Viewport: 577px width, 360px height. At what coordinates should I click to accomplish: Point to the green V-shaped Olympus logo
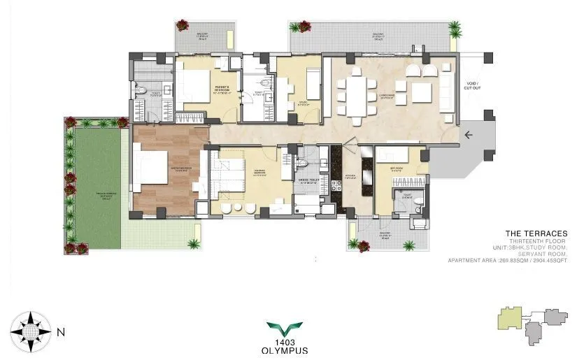pos(285,326)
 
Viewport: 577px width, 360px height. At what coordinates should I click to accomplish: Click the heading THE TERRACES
pos(536,233)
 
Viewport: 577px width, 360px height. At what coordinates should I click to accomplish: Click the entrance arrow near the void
pos(468,135)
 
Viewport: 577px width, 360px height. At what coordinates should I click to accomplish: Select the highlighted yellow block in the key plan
pos(507,321)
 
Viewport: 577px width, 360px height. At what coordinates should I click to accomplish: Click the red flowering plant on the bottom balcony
pos(363,245)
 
